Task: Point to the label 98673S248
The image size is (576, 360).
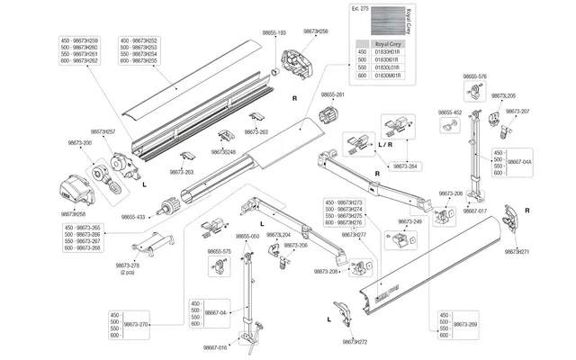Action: (221, 152)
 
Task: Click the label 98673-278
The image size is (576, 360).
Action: (129, 266)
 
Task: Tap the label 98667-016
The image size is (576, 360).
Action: (216, 347)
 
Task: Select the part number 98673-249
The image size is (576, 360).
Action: (410, 220)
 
